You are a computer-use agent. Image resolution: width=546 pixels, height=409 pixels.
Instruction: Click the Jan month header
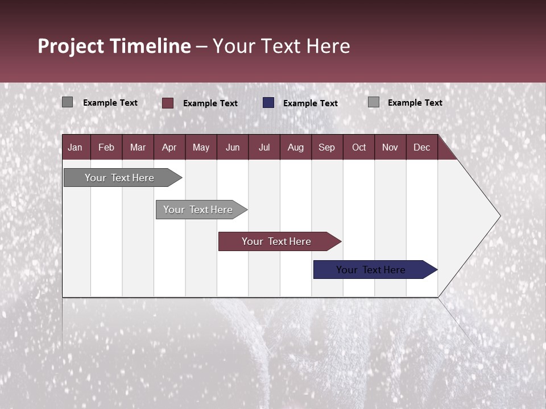(x=75, y=147)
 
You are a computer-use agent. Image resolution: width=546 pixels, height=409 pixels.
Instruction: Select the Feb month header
(x=106, y=147)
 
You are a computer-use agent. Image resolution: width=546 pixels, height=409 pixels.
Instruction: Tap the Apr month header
(x=169, y=147)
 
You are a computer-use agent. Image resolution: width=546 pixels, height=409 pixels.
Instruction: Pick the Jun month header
(x=233, y=147)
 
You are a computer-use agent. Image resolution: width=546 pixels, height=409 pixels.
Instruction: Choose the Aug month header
(x=295, y=147)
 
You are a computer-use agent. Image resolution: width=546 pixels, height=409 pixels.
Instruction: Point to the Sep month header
(x=326, y=147)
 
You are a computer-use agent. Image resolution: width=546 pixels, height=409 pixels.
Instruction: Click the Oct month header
(x=359, y=147)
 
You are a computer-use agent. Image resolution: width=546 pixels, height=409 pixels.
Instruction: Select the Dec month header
(x=421, y=147)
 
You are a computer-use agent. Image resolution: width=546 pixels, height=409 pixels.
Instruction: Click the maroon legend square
(x=168, y=103)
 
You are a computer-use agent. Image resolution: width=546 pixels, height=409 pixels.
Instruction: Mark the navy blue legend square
(x=268, y=103)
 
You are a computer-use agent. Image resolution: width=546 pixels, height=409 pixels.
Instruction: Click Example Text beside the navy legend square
(x=311, y=103)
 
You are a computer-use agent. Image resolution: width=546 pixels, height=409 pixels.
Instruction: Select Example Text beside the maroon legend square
(x=210, y=103)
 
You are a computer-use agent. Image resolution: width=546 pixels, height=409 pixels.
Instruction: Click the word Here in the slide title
(x=328, y=46)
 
